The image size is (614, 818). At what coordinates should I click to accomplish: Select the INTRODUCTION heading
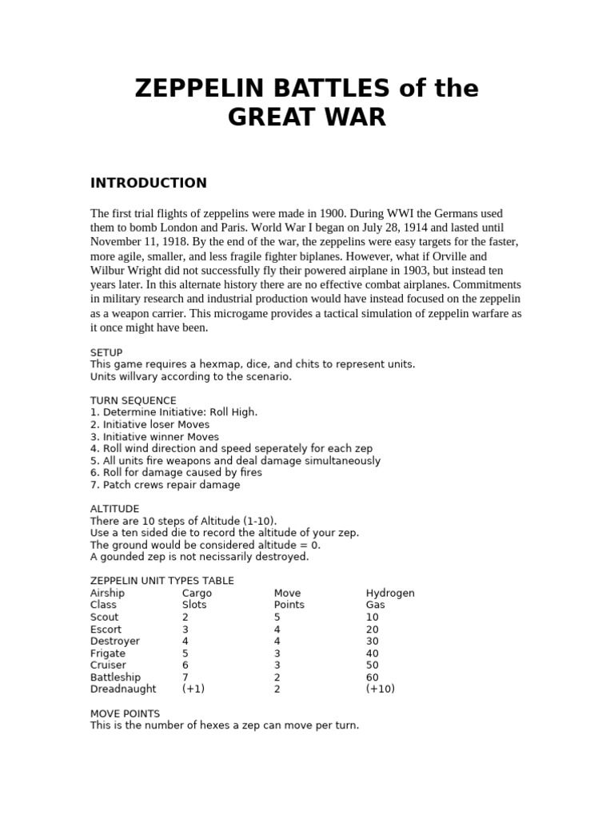148,183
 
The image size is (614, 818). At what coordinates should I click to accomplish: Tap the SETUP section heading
106,352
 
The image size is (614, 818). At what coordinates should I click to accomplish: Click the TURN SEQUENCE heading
134,400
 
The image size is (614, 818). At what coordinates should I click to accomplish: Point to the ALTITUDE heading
115,509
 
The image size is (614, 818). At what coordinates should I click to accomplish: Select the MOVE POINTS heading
125,713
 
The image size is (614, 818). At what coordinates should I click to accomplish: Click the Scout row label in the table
105,617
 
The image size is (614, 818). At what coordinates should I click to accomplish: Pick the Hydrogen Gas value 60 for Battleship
373,677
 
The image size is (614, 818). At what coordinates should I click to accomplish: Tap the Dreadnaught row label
123,689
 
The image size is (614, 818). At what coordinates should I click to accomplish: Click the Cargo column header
197,594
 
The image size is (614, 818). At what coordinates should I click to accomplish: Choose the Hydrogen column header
390,594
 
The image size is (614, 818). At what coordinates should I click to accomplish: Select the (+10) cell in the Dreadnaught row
380,689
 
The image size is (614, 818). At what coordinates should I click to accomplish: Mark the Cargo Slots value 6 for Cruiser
185,665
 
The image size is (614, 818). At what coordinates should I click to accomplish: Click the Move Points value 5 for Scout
277,617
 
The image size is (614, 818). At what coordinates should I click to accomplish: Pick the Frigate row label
108,653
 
